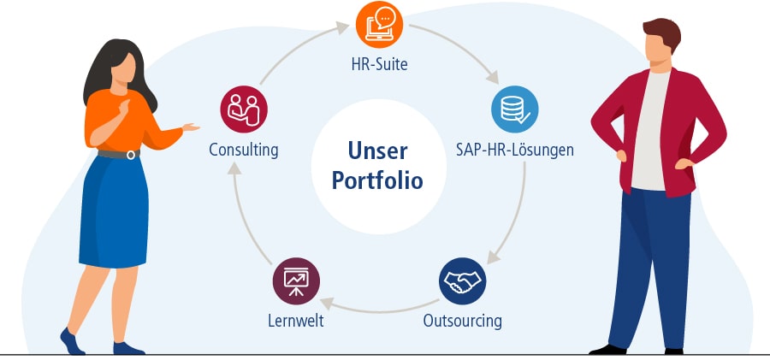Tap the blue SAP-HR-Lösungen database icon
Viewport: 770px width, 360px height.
click(514, 109)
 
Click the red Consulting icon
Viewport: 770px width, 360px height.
click(244, 109)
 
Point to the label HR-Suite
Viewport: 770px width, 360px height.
click(379, 63)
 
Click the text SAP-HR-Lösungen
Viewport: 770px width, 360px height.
click(514, 150)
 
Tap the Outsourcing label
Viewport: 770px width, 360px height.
click(462, 322)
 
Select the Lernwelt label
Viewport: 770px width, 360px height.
click(295, 322)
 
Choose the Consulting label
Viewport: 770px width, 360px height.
click(244, 150)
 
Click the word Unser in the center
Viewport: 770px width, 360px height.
click(377, 150)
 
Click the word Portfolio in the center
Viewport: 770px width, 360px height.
click(377, 181)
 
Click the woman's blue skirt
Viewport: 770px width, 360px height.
click(111, 214)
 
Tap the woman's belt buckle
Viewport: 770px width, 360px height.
click(131, 155)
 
